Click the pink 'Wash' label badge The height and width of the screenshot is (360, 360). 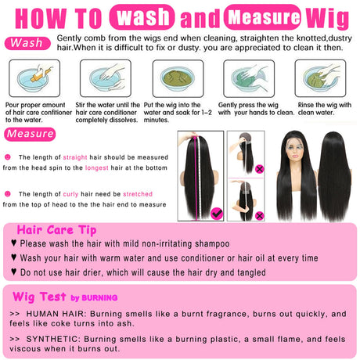[x=27, y=43]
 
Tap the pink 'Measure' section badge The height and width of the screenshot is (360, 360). [x=30, y=134]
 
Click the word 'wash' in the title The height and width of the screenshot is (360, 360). [x=142, y=17]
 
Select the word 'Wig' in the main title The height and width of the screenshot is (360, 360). [x=327, y=18]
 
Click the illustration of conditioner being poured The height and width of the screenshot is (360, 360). [x=34, y=78]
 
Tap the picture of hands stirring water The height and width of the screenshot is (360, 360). [x=106, y=78]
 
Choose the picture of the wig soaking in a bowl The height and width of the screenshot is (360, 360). [x=178, y=78]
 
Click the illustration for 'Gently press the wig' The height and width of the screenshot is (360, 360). [x=249, y=78]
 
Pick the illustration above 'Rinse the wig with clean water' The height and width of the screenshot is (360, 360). [x=320, y=78]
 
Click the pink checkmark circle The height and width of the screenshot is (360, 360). [x=217, y=214]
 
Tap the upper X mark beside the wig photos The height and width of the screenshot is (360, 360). [x=259, y=169]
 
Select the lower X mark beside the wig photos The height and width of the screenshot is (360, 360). [x=259, y=216]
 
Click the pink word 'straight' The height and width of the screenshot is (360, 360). [x=75, y=157]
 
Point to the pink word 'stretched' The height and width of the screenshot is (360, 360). [x=138, y=194]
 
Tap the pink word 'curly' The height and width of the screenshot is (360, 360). [x=70, y=194]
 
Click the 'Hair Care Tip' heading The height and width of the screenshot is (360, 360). [x=56, y=230]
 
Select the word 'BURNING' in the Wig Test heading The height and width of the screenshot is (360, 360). [x=99, y=298]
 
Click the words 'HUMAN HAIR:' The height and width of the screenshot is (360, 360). [x=56, y=314]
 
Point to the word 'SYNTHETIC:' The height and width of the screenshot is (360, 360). [x=53, y=339]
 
